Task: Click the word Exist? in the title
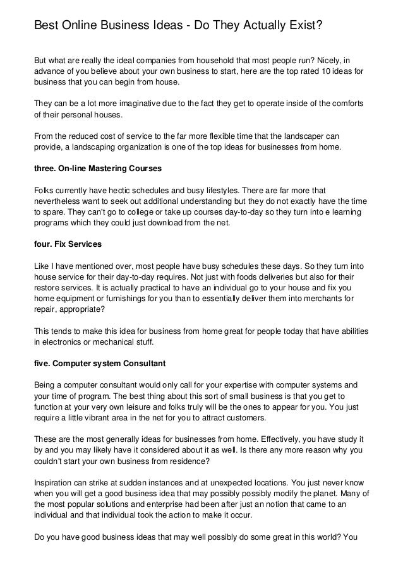coord(303,26)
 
